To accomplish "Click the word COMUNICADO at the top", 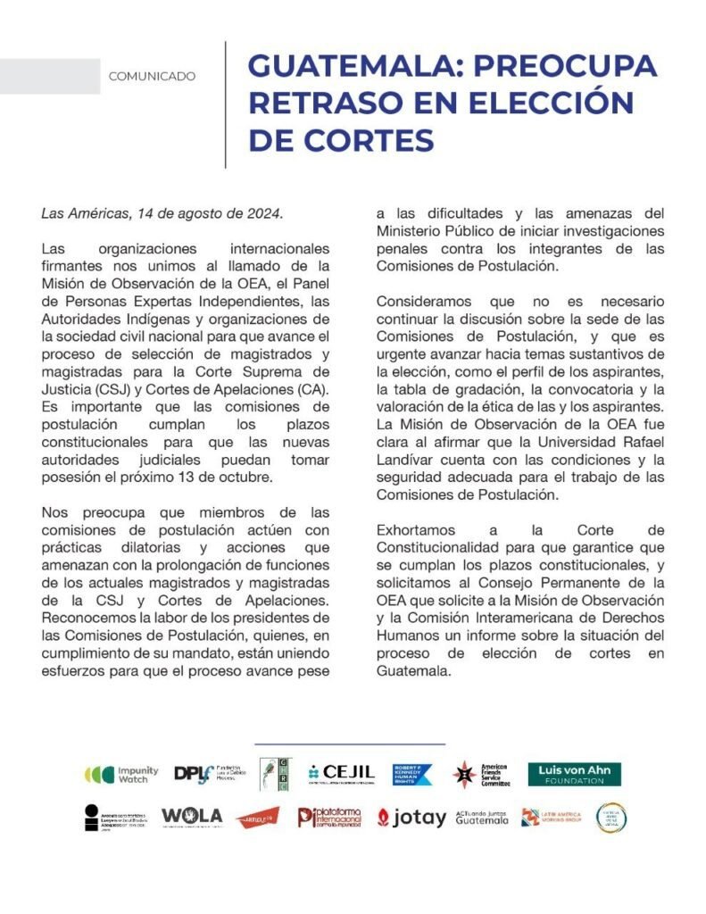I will (152, 77).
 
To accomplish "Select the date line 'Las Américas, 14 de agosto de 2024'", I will (162, 214).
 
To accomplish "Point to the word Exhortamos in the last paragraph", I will (417, 530).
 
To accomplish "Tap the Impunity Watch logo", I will (121, 774).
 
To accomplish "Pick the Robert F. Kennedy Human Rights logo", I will (413, 774).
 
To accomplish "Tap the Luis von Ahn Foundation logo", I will (574, 774).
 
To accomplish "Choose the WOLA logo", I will (192, 816).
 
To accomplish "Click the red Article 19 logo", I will (257, 817).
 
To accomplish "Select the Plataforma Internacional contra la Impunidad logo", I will (329, 817).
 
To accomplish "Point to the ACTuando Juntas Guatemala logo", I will (482, 817).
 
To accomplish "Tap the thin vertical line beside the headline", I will (225, 104).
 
